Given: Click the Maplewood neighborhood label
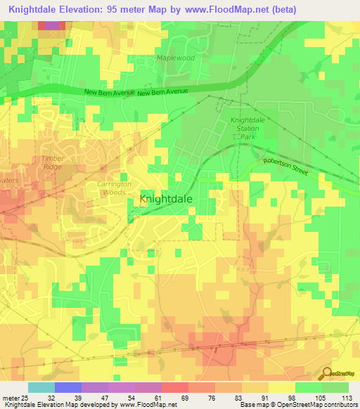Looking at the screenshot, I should pos(174,58).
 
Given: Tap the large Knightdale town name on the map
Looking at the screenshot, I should pos(167,199).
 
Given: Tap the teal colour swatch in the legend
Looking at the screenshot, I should pos(41,387).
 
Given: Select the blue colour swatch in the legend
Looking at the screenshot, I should pos(68,387).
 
